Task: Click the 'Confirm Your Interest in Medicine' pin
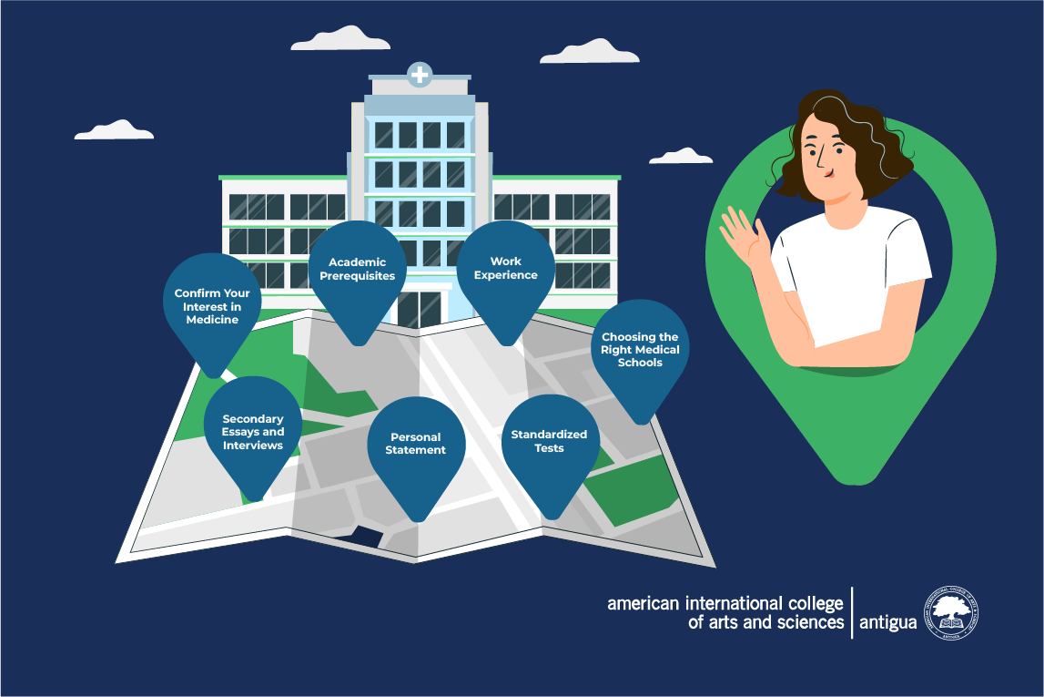coord(212,307)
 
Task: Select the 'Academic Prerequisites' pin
coord(358,273)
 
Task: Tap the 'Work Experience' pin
coord(505,273)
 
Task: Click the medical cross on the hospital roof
coord(420,75)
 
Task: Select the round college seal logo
coord(951,613)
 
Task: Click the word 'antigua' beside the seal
coord(887,621)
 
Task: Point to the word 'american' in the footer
coord(644,604)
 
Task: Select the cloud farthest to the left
coord(114,130)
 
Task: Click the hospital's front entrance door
coord(421,309)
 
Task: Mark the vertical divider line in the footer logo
coord(852,612)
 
